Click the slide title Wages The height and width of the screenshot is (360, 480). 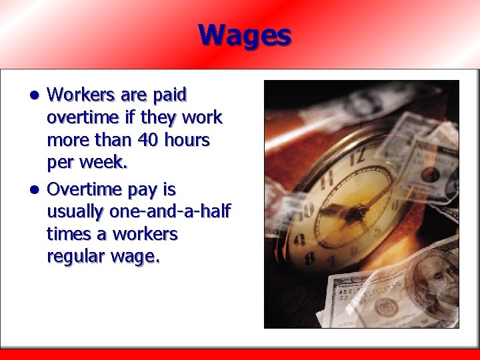click(x=245, y=35)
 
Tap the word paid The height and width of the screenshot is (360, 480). click(x=170, y=95)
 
